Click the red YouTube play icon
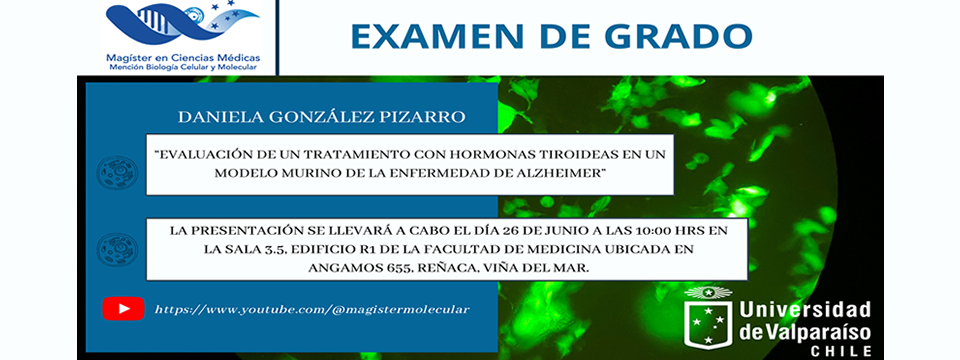click(x=123, y=309)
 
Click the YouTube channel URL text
click(x=312, y=310)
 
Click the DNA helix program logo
click(x=182, y=23)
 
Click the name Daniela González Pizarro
click(x=321, y=118)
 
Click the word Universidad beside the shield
click(x=805, y=310)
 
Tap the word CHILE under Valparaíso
click(x=841, y=351)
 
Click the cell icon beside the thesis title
click(x=117, y=172)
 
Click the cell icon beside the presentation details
click(x=117, y=249)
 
